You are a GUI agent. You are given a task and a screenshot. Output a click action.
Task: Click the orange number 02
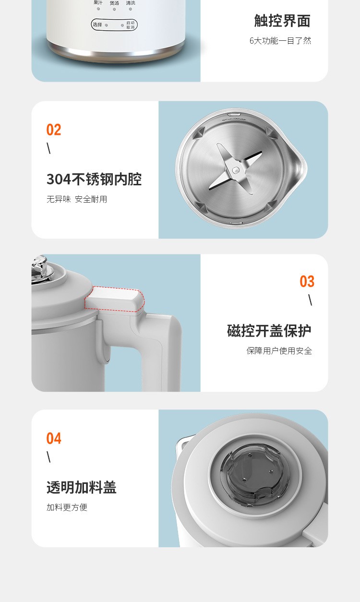(x=54, y=130)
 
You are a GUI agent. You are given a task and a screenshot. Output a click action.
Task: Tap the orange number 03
(x=307, y=281)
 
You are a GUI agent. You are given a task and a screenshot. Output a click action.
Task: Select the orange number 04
(x=54, y=438)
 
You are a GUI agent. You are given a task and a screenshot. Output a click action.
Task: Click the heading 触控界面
(x=282, y=21)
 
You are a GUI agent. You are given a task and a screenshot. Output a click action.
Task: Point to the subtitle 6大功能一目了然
(x=280, y=41)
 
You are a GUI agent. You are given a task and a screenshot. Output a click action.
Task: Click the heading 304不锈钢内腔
(x=94, y=179)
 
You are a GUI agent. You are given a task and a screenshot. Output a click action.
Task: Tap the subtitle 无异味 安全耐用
(x=77, y=199)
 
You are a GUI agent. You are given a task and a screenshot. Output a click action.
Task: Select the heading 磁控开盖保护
(x=269, y=330)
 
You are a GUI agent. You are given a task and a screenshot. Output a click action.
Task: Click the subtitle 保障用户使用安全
(x=279, y=351)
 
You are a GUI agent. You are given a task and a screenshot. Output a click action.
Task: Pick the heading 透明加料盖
(x=82, y=487)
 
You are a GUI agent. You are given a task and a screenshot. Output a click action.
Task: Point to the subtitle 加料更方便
(x=67, y=507)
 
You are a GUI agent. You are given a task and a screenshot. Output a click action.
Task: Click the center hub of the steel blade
(x=236, y=169)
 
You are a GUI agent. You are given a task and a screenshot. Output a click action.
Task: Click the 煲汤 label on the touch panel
(x=114, y=3)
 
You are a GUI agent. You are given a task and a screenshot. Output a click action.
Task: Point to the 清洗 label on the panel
(x=131, y=3)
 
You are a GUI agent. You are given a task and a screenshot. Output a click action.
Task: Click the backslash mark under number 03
(x=310, y=300)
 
